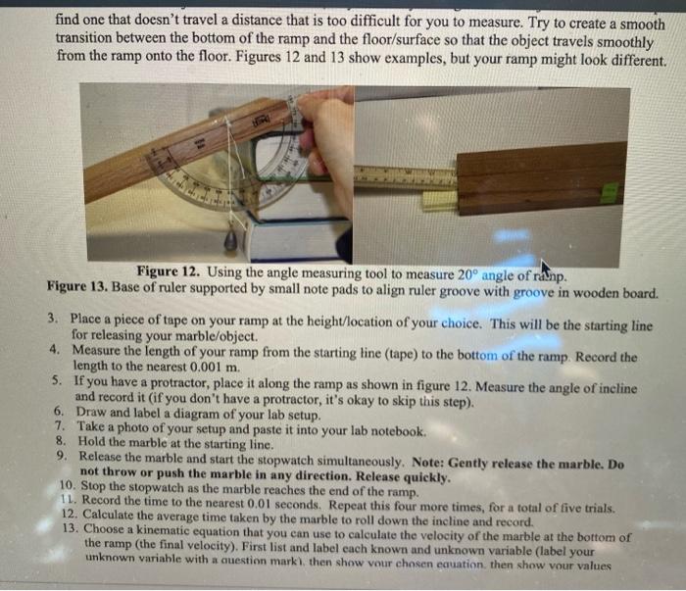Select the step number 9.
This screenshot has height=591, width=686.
click(61, 458)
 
